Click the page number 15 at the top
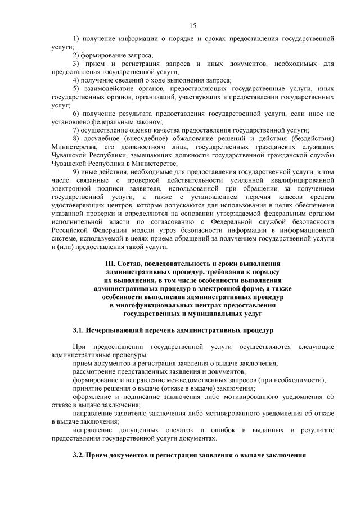tap(192, 25)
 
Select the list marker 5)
tap(76, 89)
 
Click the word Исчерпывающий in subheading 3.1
tap(114, 330)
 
